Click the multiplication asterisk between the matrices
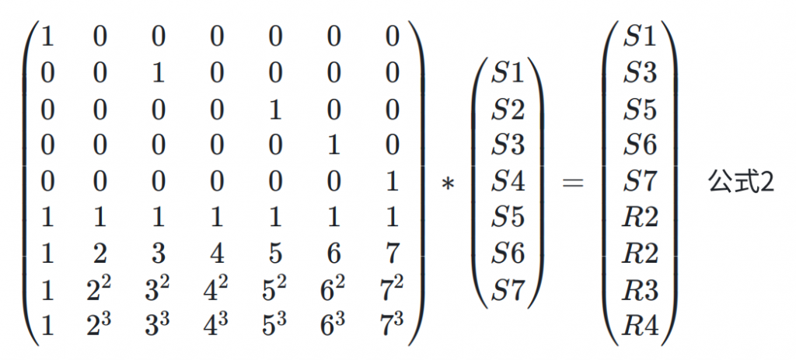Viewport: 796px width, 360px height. [447, 183]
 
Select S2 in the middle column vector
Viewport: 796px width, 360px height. [508, 110]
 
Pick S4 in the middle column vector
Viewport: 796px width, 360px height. [508, 182]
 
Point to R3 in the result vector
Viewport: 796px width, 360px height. [641, 290]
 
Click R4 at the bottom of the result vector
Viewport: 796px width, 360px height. [641, 326]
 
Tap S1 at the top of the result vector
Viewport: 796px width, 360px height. [641, 37]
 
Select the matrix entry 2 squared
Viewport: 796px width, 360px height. [100, 289]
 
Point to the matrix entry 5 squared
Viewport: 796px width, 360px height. [275, 289]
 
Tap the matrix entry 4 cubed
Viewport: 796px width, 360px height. [217, 325]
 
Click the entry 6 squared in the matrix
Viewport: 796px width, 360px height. [333, 289]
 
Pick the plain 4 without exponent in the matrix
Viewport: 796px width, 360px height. [217, 254]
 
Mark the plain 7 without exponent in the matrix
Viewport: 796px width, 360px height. [392, 254]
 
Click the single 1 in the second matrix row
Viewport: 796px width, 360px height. [159, 74]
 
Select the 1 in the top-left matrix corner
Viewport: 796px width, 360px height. [47, 37]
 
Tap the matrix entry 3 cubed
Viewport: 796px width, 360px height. [159, 325]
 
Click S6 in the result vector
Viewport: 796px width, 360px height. [641, 145]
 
